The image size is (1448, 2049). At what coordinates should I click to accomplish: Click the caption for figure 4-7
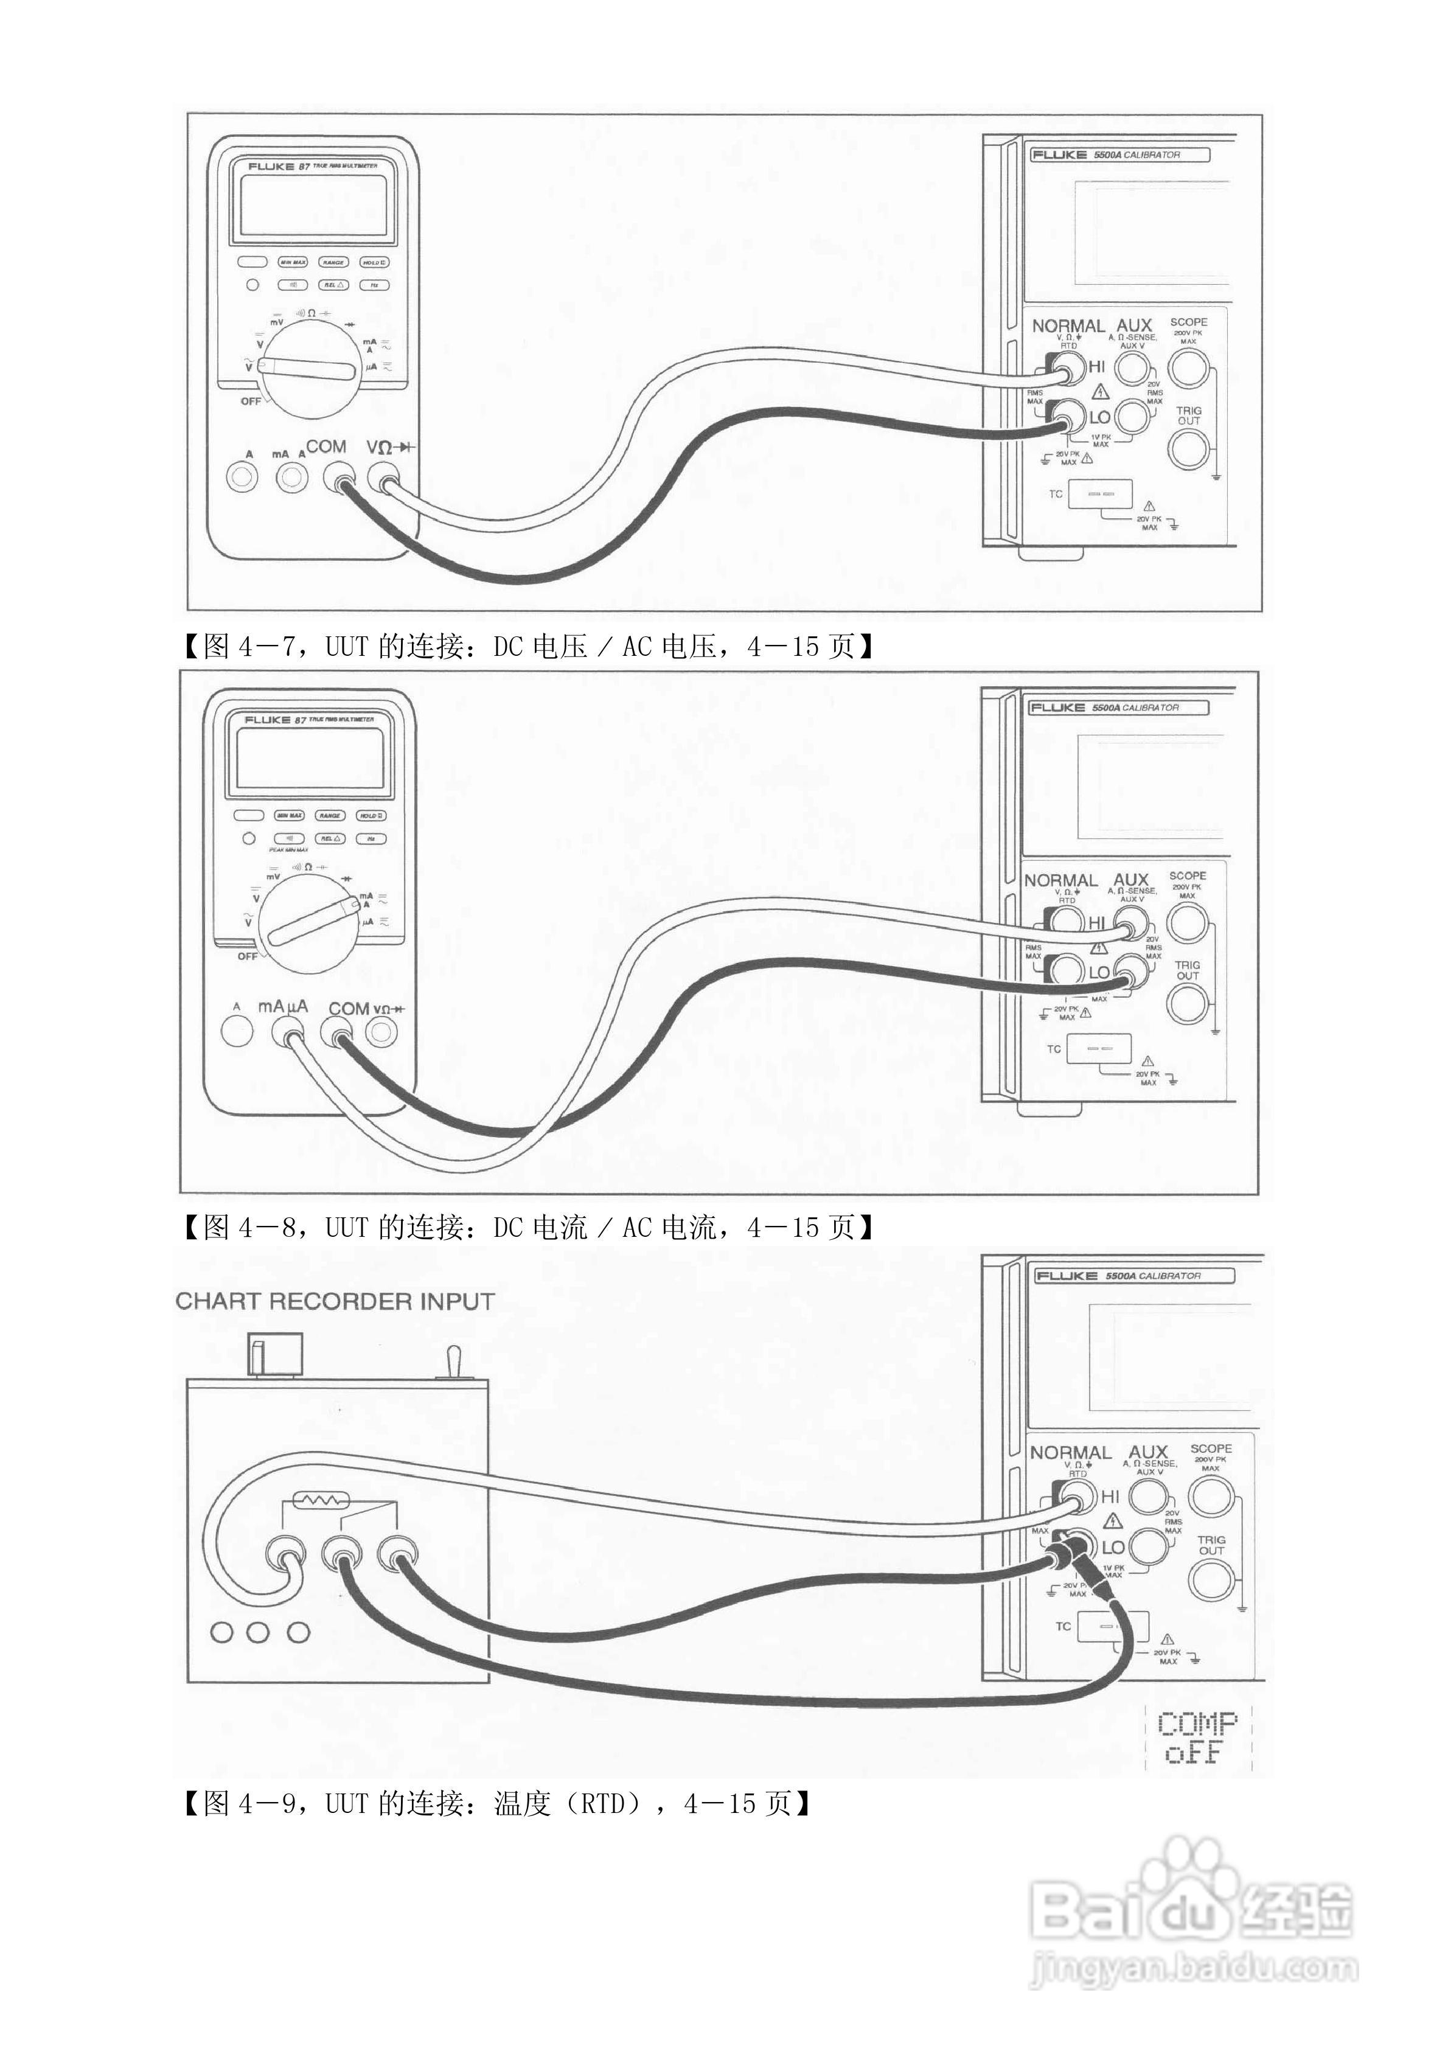527,646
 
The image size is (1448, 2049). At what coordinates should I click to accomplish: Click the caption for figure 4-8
527,1228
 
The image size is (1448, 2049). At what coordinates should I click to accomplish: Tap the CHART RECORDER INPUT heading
335,1302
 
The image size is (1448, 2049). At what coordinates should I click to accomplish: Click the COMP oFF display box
1197,1738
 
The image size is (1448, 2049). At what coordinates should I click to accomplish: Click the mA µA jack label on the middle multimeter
283,1007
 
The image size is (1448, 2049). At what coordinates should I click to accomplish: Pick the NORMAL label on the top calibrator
1068,325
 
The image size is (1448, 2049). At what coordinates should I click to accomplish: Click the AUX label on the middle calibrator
1130,880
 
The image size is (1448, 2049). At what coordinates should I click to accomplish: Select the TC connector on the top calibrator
1100,493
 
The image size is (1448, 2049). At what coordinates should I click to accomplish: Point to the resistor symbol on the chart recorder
319,1501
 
